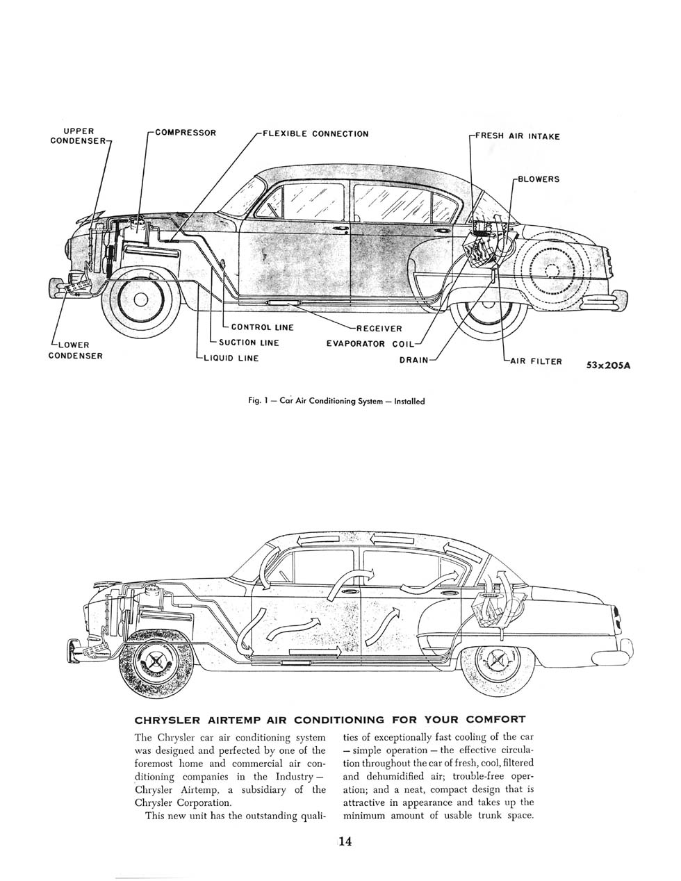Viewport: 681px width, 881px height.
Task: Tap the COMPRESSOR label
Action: coord(186,133)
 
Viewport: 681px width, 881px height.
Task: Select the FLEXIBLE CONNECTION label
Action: coord(315,134)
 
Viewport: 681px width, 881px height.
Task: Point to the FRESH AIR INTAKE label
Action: coord(518,136)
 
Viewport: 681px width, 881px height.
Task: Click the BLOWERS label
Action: coord(539,179)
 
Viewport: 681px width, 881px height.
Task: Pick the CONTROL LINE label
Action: coord(262,327)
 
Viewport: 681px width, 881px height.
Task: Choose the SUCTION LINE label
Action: coord(249,343)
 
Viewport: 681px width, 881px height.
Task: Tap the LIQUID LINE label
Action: coord(231,358)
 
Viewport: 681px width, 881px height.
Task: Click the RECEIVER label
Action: coord(379,329)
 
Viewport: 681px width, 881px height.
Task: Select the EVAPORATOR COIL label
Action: coord(370,344)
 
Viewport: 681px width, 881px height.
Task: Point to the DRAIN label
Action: coord(414,360)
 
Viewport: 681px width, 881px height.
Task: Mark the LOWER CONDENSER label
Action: coord(75,350)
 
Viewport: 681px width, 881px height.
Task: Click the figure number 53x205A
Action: coord(609,365)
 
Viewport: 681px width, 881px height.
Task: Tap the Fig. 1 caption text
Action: coord(336,402)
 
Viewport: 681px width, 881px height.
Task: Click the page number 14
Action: coord(345,842)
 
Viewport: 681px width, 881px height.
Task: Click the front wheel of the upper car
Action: coord(140,299)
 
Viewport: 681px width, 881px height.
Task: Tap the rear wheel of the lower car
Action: coord(498,661)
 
